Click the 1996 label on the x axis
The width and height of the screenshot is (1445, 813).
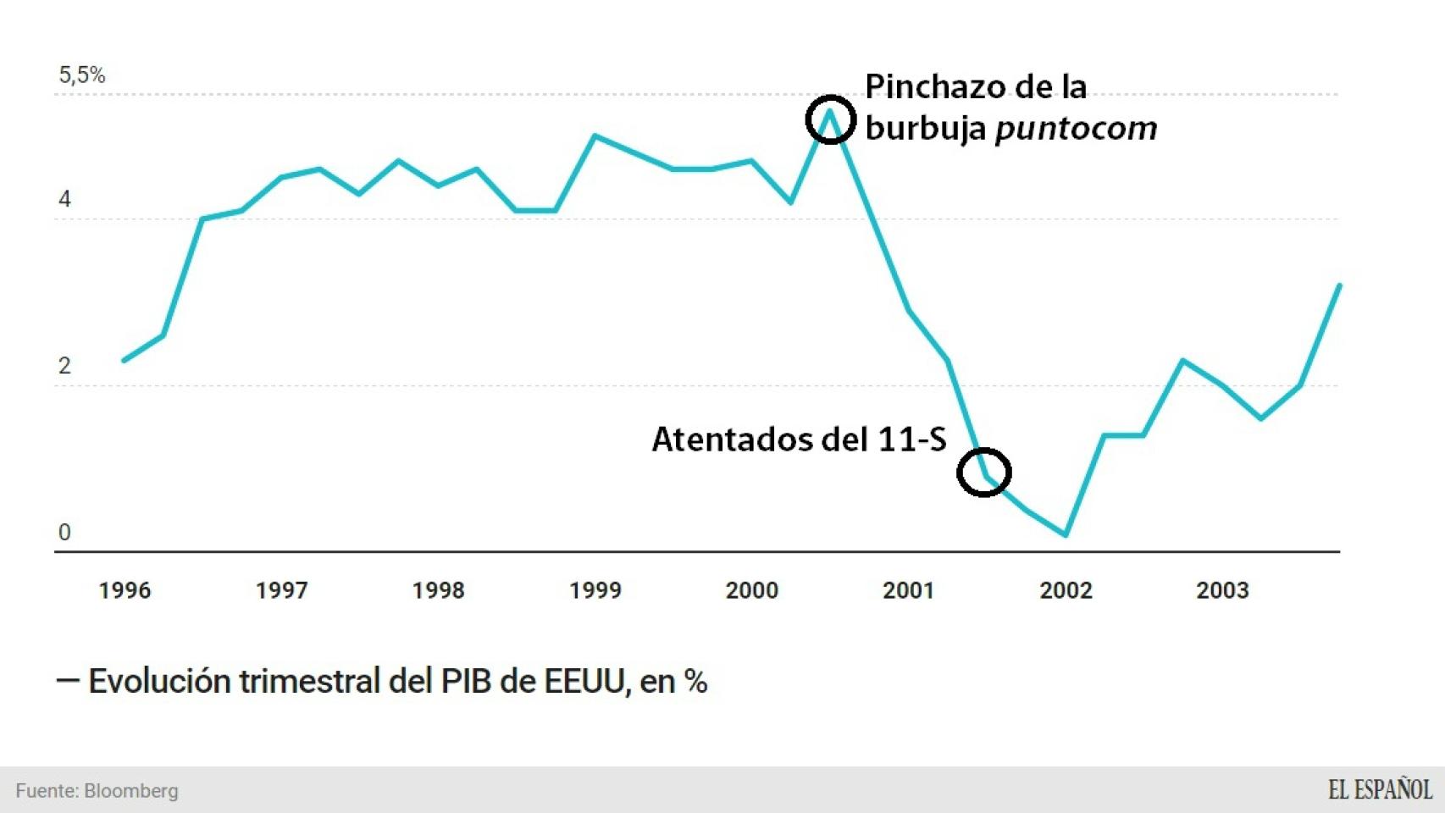(125, 590)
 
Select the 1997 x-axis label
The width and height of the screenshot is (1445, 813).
(281, 590)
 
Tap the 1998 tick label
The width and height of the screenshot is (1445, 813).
(438, 590)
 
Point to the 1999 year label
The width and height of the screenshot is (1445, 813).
(595, 590)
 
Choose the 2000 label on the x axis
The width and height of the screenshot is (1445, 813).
(751, 590)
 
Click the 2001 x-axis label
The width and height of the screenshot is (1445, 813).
(908, 590)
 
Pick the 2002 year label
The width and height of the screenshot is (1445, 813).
(1066, 590)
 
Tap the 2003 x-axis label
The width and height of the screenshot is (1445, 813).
(1222, 590)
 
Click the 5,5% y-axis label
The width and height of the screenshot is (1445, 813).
(82, 75)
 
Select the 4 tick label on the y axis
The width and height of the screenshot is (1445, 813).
(64, 200)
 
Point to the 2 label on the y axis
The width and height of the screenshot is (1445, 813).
(64, 366)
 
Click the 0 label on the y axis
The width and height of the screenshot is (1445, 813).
(64, 533)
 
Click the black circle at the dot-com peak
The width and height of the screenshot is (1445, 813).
(830, 119)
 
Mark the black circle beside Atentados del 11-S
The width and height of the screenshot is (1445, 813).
(983, 472)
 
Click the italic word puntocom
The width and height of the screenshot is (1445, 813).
(1076, 129)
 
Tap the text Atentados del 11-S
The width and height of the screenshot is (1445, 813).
(799, 440)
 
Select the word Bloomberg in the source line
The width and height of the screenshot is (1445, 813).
(131, 791)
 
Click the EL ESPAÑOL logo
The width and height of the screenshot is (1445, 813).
(1380, 790)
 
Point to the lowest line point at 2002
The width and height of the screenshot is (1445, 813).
(1066, 535)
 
